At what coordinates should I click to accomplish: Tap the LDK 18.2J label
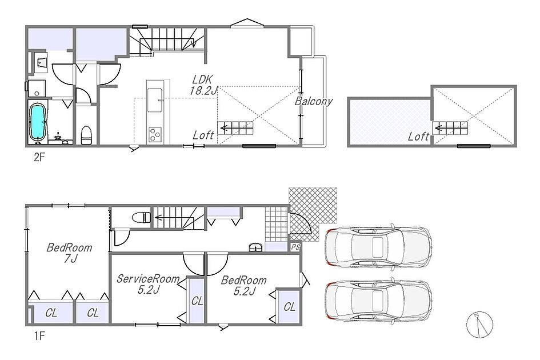[203, 85]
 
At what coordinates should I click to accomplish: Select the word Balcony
[314, 101]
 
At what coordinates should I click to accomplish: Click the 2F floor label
[39, 157]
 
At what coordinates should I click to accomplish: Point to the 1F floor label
[39, 335]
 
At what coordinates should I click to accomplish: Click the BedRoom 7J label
[70, 253]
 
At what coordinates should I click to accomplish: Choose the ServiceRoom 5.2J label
[148, 284]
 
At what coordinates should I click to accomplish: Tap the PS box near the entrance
[295, 247]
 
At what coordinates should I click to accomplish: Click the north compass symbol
[479, 325]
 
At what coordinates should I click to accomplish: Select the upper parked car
[378, 246]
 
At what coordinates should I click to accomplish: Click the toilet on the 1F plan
[142, 217]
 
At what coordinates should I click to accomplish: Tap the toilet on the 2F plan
[86, 135]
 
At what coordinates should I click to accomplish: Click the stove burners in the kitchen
[155, 134]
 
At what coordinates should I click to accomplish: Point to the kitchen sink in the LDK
[155, 100]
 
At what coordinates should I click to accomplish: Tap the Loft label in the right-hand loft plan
[418, 137]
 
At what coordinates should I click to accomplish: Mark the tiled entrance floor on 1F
[276, 224]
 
